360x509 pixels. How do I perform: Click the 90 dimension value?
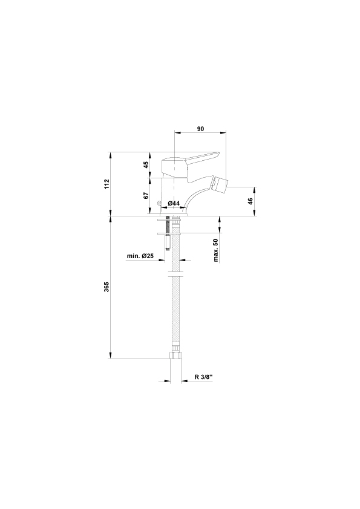click(x=200, y=129)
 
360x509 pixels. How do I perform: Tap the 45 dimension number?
click(x=146, y=164)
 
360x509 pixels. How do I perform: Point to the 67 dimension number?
click(x=146, y=195)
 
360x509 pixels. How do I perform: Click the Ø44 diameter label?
click(x=174, y=203)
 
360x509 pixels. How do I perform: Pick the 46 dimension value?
click(x=250, y=201)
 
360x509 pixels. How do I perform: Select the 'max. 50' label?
click(x=217, y=250)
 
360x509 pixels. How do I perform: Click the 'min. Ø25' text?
click(x=140, y=256)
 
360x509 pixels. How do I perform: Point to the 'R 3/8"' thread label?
click(x=203, y=377)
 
